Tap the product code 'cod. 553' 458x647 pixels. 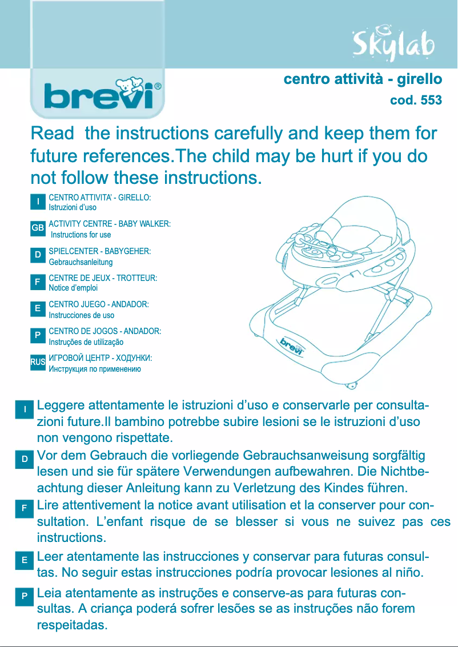click(x=415, y=101)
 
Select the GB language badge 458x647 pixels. click(x=38, y=228)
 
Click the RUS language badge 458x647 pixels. click(x=38, y=362)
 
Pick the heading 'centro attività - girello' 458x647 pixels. click(x=363, y=79)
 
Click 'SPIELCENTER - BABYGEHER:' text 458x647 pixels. click(x=100, y=251)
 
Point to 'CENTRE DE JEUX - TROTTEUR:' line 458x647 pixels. click(x=103, y=278)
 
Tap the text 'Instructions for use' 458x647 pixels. click(x=81, y=235)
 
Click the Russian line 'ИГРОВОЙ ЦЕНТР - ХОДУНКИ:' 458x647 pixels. click(x=101, y=358)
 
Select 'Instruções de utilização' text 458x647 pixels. click(x=86, y=342)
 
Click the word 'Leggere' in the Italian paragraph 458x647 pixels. click(x=59, y=406)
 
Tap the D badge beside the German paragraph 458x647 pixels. click(x=25, y=459)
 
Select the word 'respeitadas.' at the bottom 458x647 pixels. click(x=72, y=624)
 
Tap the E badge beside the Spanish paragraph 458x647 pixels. click(x=25, y=560)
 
